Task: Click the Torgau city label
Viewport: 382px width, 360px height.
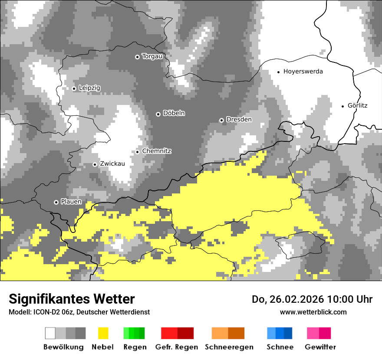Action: click(x=152, y=56)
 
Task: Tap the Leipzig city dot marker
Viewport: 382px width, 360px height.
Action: click(x=74, y=88)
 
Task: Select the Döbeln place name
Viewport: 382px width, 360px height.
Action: click(x=174, y=113)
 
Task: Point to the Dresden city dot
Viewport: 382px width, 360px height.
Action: click(x=221, y=120)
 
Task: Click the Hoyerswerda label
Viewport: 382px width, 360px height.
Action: click(x=303, y=72)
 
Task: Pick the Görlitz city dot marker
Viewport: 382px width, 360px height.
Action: click(x=343, y=106)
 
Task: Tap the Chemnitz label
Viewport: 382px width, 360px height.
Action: click(x=156, y=151)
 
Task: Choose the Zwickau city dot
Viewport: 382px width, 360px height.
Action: click(x=95, y=164)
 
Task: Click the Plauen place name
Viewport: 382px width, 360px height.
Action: click(x=71, y=202)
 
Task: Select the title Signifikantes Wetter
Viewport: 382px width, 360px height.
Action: click(x=72, y=299)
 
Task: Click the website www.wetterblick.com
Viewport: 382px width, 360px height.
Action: click(x=313, y=312)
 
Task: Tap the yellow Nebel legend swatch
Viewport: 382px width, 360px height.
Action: click(x=103, y=333)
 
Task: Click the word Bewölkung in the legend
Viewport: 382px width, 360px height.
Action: click(x=63, y=347)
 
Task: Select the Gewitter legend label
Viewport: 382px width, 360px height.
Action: click(x=320, y=347)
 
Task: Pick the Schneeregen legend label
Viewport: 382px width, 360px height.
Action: click(x=229, y=347)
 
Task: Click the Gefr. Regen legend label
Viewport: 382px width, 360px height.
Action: click(x=177, y=347)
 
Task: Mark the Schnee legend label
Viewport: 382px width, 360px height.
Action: click(x=280, y=347)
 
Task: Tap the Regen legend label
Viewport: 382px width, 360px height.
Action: click(x=135, y=347)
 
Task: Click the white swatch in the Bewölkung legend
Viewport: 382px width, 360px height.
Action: click(x=50, y=333)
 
